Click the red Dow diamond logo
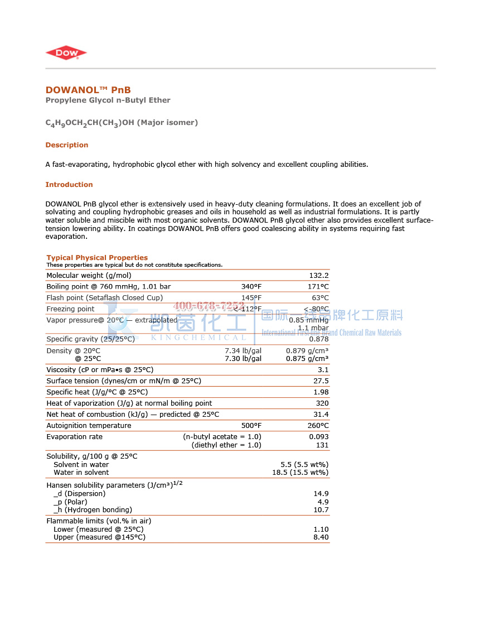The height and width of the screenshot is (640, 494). pyautogui.click(x=66, y=53)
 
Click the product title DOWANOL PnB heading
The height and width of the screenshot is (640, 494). pyautogui.click(x=88, y=90)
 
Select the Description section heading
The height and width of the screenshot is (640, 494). pyautogui.click(x=67, y=145)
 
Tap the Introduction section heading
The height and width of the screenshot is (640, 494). pyautogui.click(x=69, y=185)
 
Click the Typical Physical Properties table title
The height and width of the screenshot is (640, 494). pyautogui.click(x=97, y=258)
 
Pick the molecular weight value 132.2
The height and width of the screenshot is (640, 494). pyautogui.click(x=319, y=276)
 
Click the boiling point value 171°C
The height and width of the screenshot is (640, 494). pyautogui.click(x=319, y=287)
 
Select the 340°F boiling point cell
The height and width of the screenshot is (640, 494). pyautogui.click(x=251, y=287)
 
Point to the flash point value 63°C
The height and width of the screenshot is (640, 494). pyautogui.click(x=320, y=298)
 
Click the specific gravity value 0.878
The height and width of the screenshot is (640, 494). pyautogui.click(x=319, y=339)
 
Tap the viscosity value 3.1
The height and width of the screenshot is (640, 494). pyautogui.click(x=323, y=370)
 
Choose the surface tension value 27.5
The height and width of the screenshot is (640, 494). pyautogui.click(x=321, y=381)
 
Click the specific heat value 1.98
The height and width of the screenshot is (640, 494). pyautogui.click(x=321, y=392)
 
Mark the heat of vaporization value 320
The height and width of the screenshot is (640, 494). pyautogui.click(x=322, y=403)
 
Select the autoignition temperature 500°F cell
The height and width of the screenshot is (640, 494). pyautogui.click(x=251, y=426)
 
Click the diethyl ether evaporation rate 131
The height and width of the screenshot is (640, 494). pyautogui.click(x=322, y=445)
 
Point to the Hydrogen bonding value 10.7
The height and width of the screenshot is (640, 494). pyautogui.click(x=321, y=510)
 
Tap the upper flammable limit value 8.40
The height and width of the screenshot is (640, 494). pyautogui.click(x=321, y=537)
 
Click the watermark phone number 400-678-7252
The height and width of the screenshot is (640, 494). pyautogui.click(x=209, y=306)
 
